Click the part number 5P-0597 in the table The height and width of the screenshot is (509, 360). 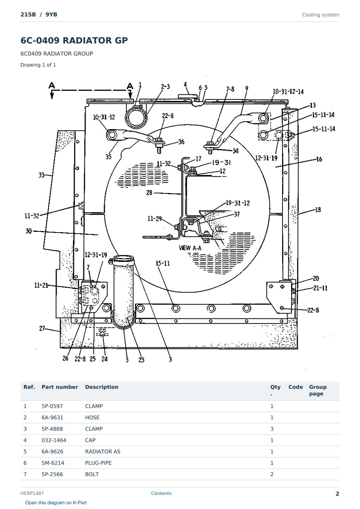52,406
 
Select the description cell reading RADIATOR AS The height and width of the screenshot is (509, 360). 103,451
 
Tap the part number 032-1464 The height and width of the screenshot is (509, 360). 54,440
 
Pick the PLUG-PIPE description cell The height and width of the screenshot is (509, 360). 98,463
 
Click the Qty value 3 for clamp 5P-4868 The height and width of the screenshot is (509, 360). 272,429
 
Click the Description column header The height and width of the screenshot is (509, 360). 102,387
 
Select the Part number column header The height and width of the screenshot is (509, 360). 60,387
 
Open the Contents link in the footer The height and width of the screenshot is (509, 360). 161,493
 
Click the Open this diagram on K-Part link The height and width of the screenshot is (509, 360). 56,503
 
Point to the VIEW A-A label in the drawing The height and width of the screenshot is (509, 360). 190,248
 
